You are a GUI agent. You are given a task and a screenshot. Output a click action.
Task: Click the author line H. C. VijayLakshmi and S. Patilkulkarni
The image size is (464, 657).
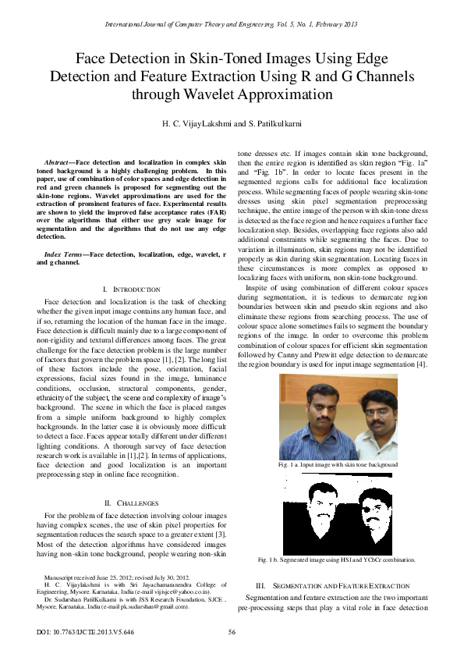coord(232,124)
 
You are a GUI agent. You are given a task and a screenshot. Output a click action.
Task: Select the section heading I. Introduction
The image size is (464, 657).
coord(132,289)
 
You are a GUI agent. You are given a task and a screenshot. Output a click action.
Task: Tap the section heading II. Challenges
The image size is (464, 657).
coord(132,503)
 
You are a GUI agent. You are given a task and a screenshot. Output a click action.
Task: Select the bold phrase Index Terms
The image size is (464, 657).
coord(65,254)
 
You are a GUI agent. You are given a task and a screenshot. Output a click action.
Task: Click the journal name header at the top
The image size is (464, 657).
coord(232,24)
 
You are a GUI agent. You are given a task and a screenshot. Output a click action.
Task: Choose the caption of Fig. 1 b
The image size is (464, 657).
coord(336,559)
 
